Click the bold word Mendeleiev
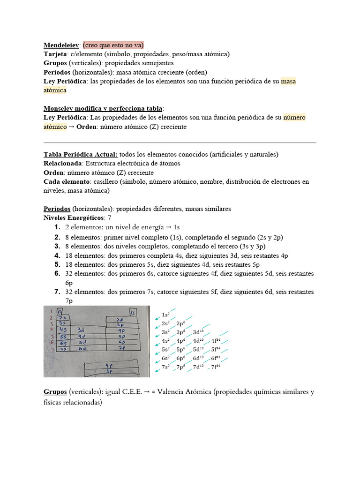point(62,45)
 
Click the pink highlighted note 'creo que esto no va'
point(113,45)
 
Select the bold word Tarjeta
point(56,54)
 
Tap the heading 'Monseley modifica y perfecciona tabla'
point(103,108)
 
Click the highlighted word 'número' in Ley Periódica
point(294,118)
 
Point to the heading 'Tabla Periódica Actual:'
point(81,154)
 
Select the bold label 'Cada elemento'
point(66,181)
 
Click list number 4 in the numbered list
point(57,255)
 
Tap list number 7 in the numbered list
point(57,292)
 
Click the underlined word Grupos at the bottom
point(55,392)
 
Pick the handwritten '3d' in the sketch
point(81,329)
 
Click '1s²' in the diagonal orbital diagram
point(165,315)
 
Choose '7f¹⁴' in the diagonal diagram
point(216,367)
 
